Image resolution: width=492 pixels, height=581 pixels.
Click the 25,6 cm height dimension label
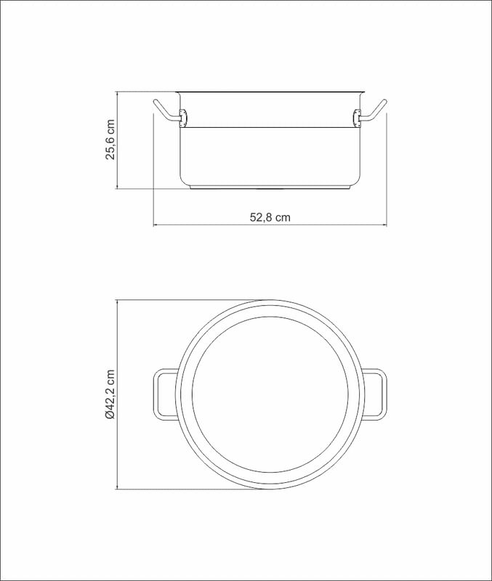tap(111, 139)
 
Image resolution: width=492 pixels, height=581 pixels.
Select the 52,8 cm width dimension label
tap(270, 217)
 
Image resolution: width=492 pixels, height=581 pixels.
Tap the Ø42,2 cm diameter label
tap(111, 394)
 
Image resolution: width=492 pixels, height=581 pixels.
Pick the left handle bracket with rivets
tap(183, 118)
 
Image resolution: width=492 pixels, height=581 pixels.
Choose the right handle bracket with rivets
tap(357, 118)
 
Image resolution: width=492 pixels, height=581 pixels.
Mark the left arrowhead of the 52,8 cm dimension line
tap(156, 224)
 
